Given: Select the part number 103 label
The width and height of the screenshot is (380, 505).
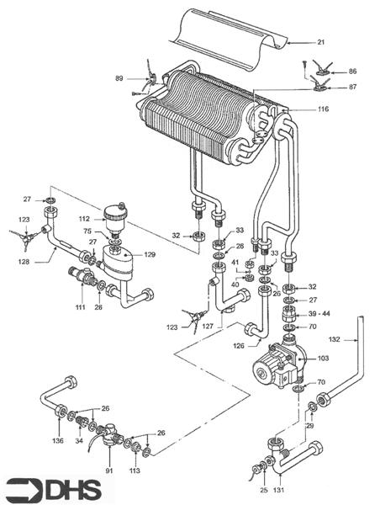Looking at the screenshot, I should (322, 358).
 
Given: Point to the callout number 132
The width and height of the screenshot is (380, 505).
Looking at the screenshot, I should (335, 341).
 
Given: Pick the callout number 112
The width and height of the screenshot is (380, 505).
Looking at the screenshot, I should (84, 220).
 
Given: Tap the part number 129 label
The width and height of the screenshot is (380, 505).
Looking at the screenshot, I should (150, 253).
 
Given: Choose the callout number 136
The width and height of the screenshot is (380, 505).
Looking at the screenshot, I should (58, 439).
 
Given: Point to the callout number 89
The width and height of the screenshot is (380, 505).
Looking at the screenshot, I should (120, 78).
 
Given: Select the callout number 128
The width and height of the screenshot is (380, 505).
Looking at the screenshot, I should (25, 262).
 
